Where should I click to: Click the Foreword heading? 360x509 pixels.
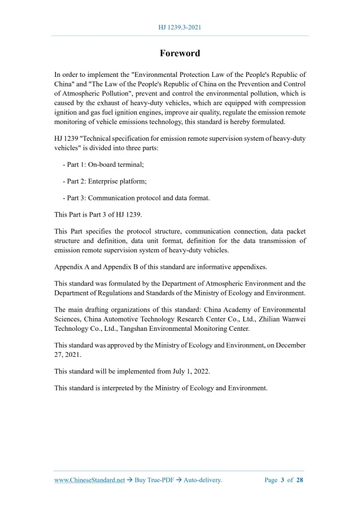click(180, 53)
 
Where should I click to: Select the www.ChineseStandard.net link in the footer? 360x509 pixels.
click(89, 480)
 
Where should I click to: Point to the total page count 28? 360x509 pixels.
click(299, 480)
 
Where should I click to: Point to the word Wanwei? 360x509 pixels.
click(294, 319)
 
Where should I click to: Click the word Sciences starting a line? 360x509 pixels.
click(68, 319)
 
